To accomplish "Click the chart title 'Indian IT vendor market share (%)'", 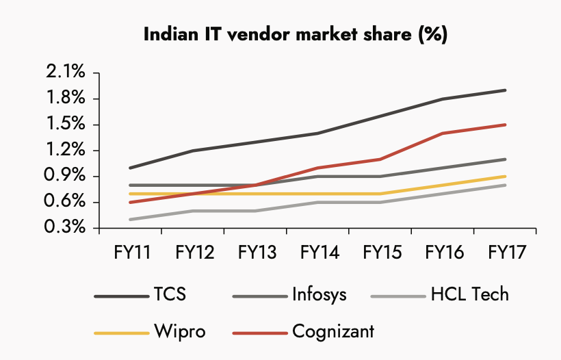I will [296, 36].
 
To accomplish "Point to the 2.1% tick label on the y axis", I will [66, 73].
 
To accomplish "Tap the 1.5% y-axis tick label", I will [66, 125].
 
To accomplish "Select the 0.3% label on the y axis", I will [66, 228].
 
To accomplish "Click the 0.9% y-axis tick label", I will [66, 177].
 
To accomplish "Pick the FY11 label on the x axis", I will [131, 253].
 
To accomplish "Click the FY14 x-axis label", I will [319, 253].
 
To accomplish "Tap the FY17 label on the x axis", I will [506, 253].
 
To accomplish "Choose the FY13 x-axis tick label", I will [257, 253].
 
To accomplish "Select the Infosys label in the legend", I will [319, 295].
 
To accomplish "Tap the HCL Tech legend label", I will [470, 295].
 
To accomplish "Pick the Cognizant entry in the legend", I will [333, 332].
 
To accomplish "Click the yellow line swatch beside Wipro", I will [122, 333].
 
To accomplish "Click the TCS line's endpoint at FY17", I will [505, 90].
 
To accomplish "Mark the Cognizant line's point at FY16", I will [443, 133].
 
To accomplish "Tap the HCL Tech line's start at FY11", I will [130, 220].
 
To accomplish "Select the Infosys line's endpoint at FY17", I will [505, 159].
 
